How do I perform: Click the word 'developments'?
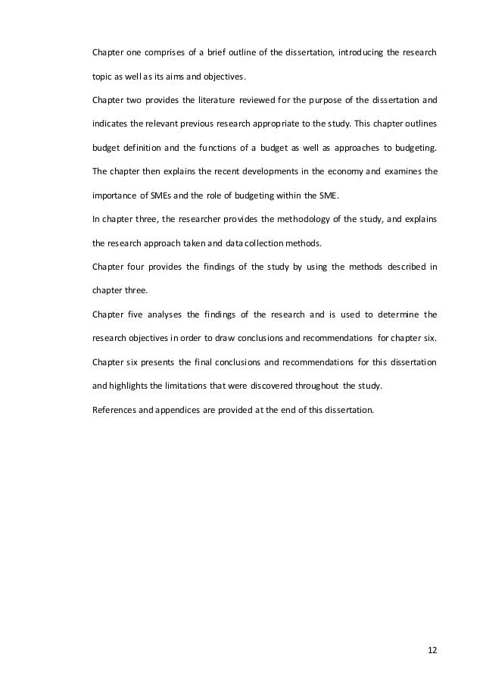[x=248, y=171]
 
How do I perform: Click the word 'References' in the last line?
[x=114, y=410]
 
